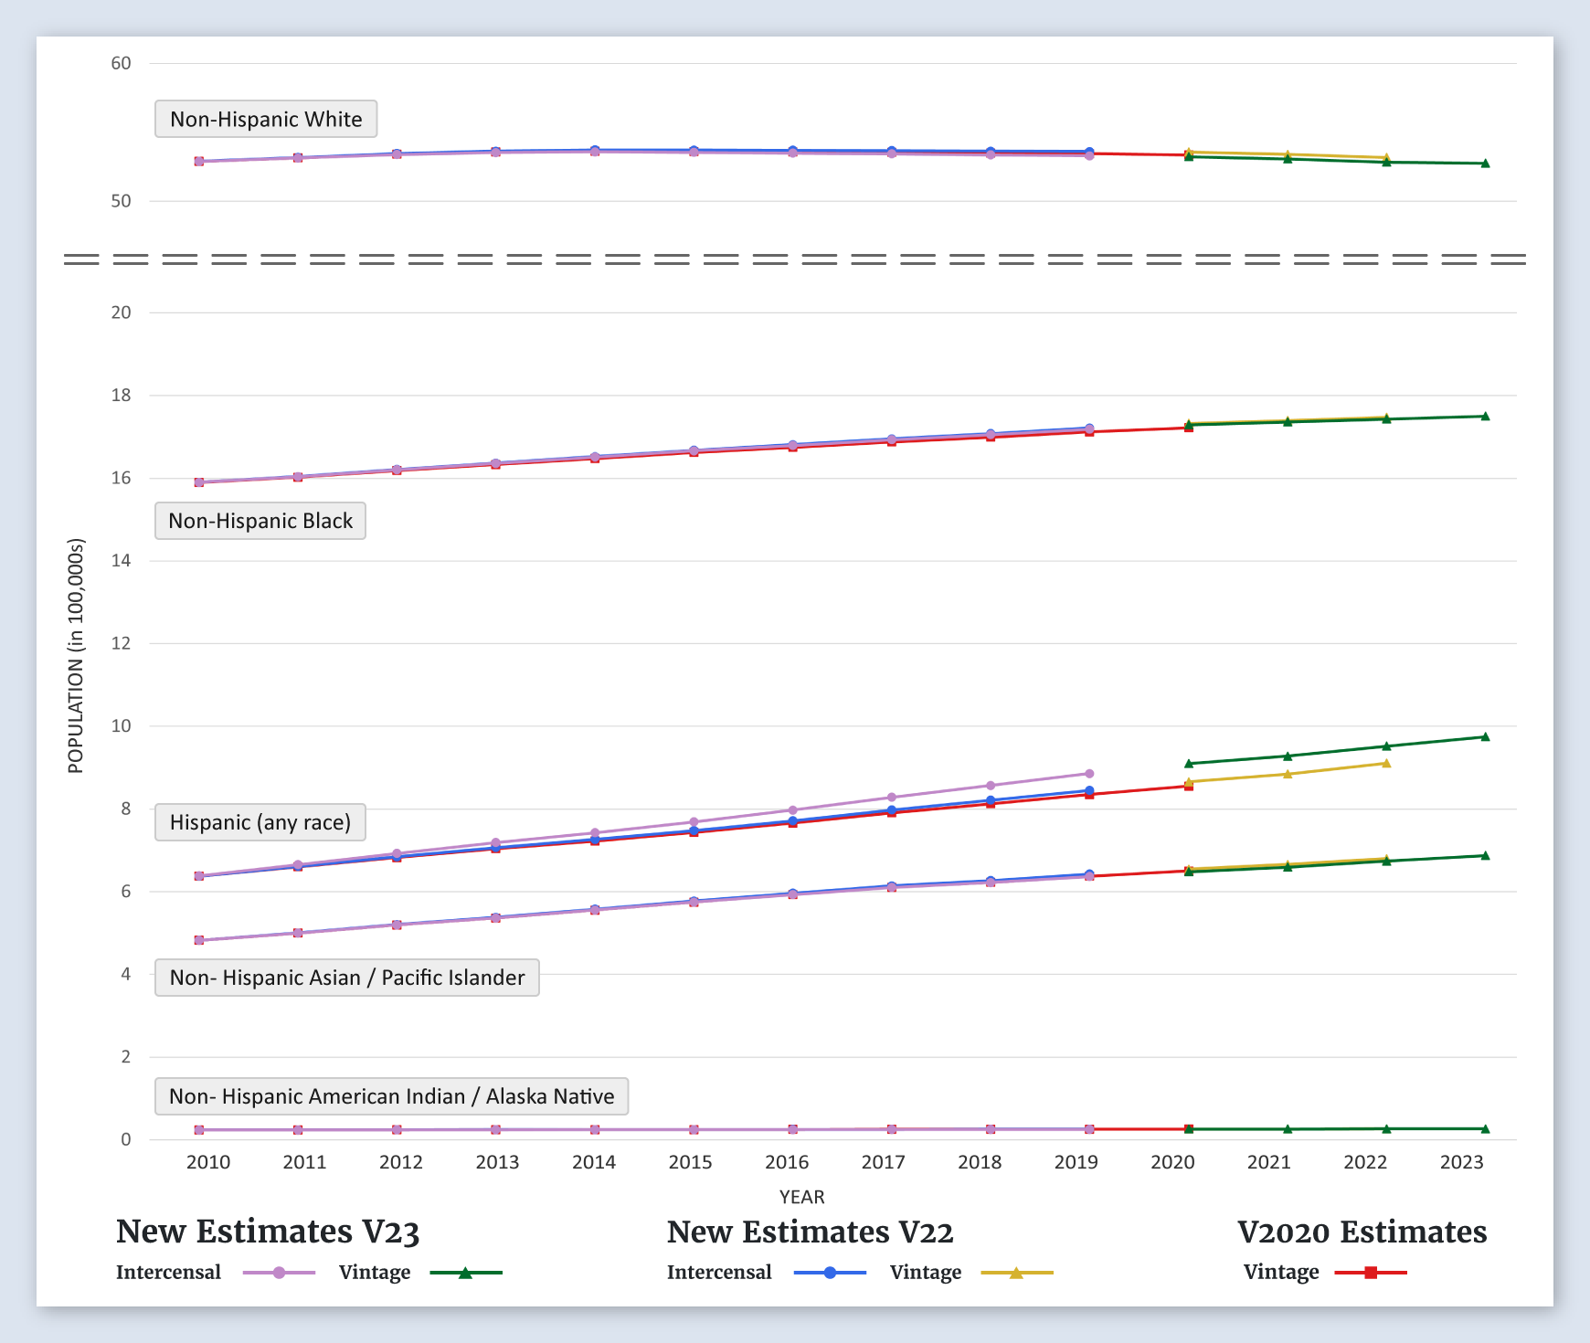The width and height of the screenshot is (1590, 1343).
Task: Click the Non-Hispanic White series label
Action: coord(266,119)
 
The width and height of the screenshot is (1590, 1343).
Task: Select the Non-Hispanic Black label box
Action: coord(260,521)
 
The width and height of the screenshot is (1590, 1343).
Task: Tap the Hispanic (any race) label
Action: coord(260,822)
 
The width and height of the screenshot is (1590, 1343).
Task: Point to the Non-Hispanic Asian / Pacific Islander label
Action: coord(347,978)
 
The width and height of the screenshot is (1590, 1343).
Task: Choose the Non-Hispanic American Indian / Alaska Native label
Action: coord(391,1096)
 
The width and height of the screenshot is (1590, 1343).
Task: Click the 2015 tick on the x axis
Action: coord(690,1162)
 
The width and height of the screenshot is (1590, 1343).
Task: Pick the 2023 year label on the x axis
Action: coord(1461,1162)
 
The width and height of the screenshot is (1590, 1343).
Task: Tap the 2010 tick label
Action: coord(208,1162)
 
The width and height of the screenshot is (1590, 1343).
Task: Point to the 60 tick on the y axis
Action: coord(121,63)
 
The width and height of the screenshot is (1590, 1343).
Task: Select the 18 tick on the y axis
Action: coord(121,396)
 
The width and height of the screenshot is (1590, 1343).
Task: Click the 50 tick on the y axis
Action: coord(121,201)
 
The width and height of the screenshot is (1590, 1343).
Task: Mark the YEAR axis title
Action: coord(801,1197)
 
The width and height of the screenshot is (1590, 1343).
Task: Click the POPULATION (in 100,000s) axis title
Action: coord(76,656)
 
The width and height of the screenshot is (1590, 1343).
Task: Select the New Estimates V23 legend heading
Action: coord(268,1232)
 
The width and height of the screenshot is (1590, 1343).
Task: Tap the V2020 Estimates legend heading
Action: coord(1362,1232)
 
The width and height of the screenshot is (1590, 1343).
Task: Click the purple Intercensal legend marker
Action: coord(280,1273)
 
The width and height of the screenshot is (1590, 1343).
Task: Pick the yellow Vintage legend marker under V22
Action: coord(1016,1273)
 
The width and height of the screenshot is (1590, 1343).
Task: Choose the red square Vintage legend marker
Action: coord(1371,1273)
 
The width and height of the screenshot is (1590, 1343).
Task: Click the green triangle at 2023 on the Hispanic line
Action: coord(1485,736)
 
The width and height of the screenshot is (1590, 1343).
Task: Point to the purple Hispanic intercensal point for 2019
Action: coord(1089,774)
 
